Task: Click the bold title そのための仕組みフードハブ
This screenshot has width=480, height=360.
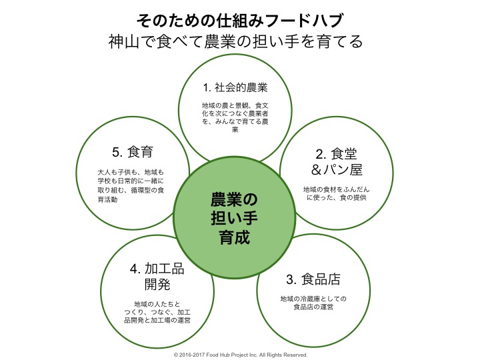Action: pyautogui.click(x=240, y=21)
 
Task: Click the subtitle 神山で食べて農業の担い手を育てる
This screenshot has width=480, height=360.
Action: pyautogui.click(x=236, y=41)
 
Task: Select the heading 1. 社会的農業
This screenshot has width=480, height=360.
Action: pyautogui.click(x=235, y=87)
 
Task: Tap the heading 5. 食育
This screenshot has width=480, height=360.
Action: pyautogui.click(x=133, y=152)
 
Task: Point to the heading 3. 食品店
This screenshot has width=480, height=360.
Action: pyautogui.click(x=313, y=279)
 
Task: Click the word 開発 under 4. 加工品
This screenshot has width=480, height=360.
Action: pyautogui.click(x=157, y=285)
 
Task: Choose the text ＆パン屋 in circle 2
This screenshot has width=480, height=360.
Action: pyautogui.click(x=337, y=170)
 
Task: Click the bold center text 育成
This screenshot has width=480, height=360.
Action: pyautogui.click(x=235, y=237)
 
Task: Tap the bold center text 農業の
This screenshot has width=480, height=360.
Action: pyautogui.click(x=235, y=200)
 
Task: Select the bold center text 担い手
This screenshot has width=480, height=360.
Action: pyautogui.click(x=235, y=219)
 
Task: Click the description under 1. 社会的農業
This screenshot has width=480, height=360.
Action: pyautogui.click(x=235, y=117)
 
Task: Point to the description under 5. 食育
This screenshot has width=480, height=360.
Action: pyautogui.click(x=131, y=186)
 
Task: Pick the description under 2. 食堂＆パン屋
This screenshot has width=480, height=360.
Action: pyautogui.click(x=337, y=193)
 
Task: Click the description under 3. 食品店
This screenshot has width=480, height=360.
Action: pyautogui.click(x=313, y=303)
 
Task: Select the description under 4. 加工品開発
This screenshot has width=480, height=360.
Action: pyautogui.click(x=157, y=312)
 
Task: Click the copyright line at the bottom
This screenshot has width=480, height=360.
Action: pyautogui.click(x=241, y=355)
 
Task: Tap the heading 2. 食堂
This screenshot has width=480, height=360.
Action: pyautogui.click(x=337, y=154)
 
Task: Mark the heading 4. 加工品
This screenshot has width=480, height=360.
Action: pyautogui.click(x=157, y=269)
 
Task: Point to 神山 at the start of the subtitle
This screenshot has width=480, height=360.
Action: pyautogui.click(x=124, y=41)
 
